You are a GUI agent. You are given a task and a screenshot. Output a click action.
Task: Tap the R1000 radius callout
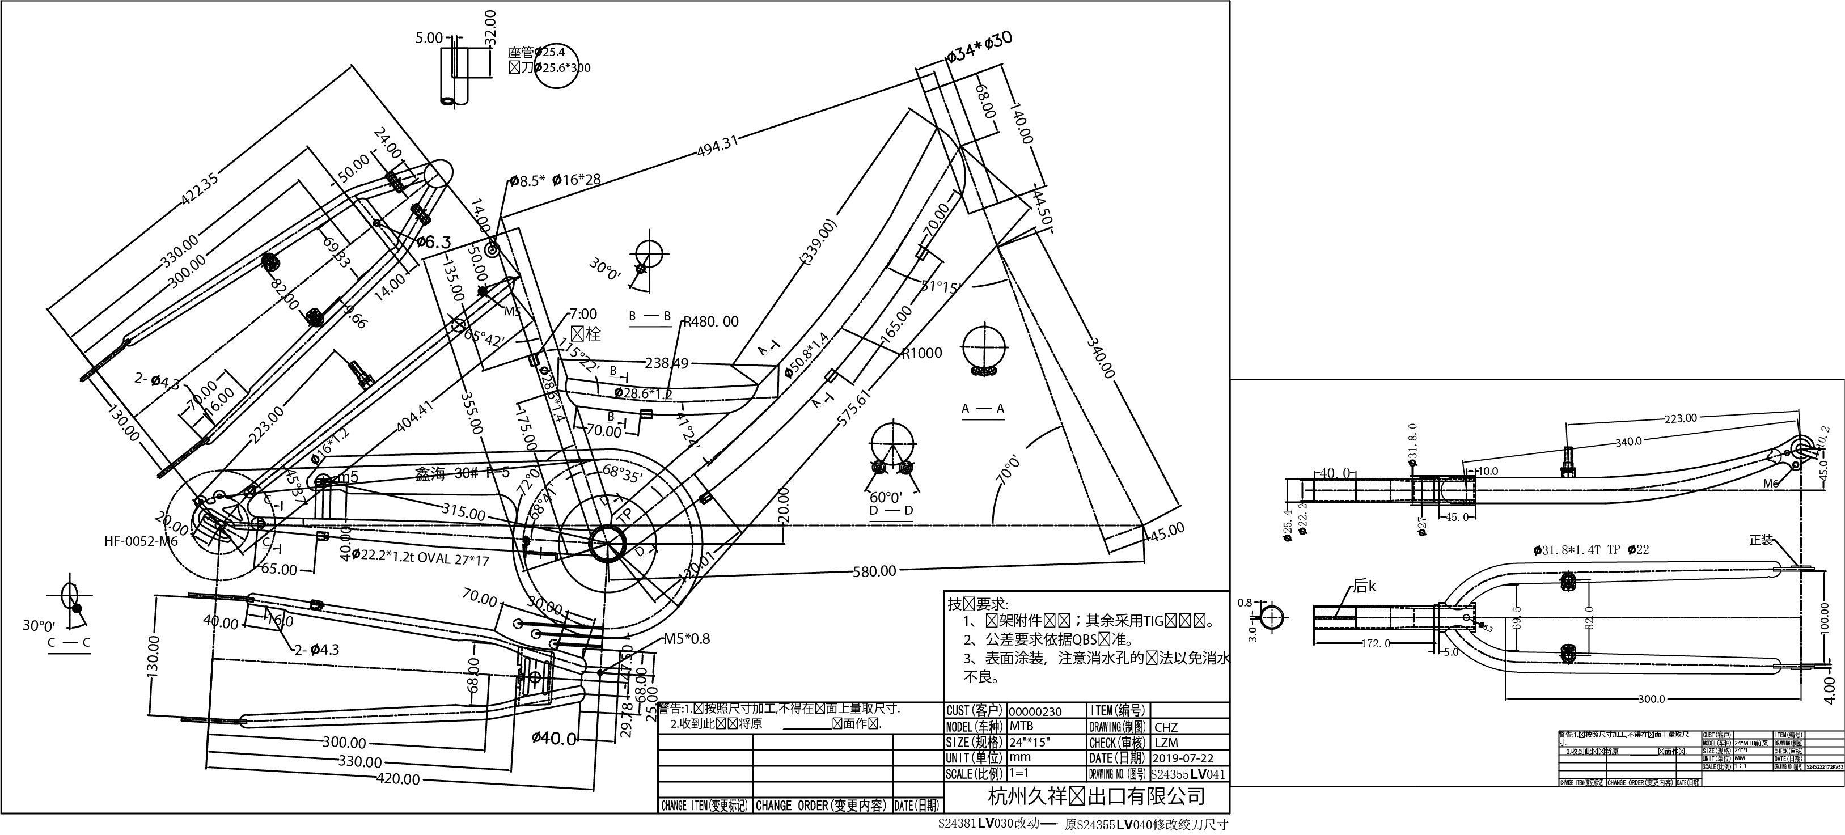pos(922,353)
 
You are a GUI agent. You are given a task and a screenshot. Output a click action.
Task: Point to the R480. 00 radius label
pos(710,322)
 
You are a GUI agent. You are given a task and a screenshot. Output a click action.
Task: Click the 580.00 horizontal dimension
pos(874,571)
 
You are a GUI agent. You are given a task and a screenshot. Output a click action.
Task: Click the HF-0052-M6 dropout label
pos(141,541)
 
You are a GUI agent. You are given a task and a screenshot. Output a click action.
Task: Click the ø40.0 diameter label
pos(555,738)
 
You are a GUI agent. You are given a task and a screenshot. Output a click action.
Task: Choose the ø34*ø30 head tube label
pos(979,47)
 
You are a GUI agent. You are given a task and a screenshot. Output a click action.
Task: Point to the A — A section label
pos(983,408)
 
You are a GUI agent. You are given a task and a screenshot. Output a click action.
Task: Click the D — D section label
pos(891,511)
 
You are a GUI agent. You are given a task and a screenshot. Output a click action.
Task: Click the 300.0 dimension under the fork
pos(1652,699)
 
